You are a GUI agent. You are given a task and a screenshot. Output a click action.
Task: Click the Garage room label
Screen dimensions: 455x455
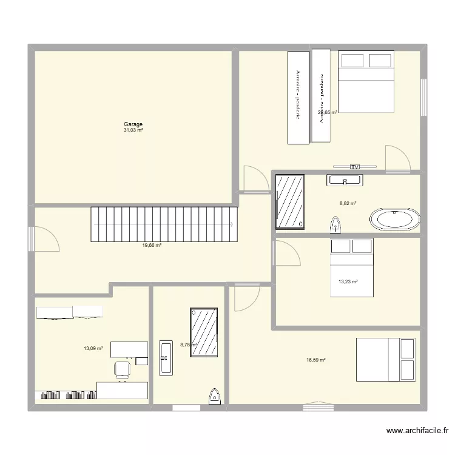(x=133, y=124)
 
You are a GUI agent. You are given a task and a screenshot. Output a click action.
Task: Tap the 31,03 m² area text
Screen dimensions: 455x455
(x=133, y=130)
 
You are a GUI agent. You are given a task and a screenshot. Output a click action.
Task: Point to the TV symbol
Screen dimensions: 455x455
(x=355, y=167)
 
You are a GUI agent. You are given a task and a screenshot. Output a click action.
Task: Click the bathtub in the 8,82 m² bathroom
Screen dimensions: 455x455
(x=395, y=219)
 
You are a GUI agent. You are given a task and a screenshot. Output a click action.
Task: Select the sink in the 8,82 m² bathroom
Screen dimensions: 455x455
(x=345, y=180)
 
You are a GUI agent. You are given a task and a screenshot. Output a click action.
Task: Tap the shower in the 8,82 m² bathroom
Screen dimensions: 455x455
(x=290, y=202)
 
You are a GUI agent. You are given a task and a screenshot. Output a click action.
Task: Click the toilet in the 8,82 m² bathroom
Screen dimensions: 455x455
(x=335, y=226)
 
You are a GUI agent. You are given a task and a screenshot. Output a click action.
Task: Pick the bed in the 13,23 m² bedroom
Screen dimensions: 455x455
(x=351, y=268)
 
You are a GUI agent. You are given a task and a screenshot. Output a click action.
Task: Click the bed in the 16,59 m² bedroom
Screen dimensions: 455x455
(x=385, y=360)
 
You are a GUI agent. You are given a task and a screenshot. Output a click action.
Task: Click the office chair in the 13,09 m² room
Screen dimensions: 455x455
(x=123, y=368)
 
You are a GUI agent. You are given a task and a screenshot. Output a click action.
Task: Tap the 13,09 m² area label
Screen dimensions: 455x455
(x=93, y=349)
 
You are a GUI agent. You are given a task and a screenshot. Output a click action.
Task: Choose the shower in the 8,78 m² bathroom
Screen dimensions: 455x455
(x=204, y=332)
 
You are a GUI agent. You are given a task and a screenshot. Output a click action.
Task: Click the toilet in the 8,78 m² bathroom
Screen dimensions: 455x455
(x=215, y=396)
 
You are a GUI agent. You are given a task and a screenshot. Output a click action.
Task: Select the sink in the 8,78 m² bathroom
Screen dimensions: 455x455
(x=166, y=357)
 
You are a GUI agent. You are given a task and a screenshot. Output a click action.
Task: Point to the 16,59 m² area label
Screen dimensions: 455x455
(x=316, y=360)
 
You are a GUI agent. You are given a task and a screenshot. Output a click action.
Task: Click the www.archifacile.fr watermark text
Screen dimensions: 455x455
(x=417, y=431)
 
